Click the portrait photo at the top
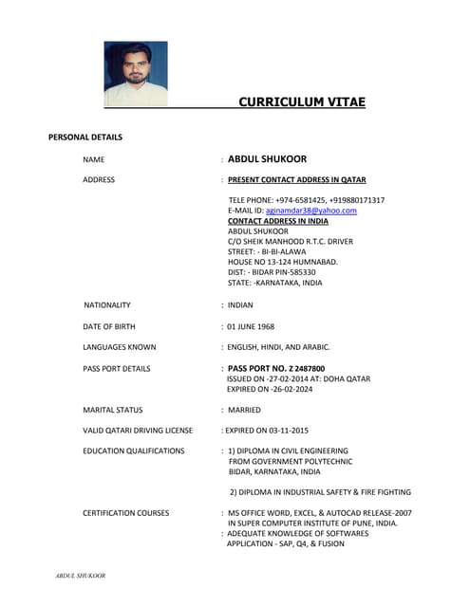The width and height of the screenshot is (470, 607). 136,73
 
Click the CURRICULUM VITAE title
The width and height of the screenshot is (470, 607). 301,102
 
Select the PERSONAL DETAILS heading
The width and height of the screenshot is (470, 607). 85,138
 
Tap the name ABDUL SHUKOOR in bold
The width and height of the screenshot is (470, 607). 267,159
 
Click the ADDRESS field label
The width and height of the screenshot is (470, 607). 99,179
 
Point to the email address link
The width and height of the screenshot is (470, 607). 310,211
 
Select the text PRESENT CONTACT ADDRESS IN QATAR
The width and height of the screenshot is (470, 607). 296,179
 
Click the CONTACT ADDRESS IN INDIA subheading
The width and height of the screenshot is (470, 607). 278,221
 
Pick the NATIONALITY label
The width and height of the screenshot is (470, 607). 107,304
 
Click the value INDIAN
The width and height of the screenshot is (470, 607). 240,304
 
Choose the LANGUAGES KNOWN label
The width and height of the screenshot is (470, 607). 120,347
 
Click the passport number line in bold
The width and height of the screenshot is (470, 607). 276,368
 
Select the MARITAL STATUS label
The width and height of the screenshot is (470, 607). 113,410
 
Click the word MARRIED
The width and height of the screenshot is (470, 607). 244,410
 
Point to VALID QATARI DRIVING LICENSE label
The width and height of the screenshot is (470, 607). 138,431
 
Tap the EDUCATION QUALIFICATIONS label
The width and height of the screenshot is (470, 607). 134,451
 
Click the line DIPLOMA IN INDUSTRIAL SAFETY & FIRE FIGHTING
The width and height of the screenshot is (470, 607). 320,492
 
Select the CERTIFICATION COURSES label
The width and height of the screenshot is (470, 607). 126,513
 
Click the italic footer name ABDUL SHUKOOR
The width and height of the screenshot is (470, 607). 80,576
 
